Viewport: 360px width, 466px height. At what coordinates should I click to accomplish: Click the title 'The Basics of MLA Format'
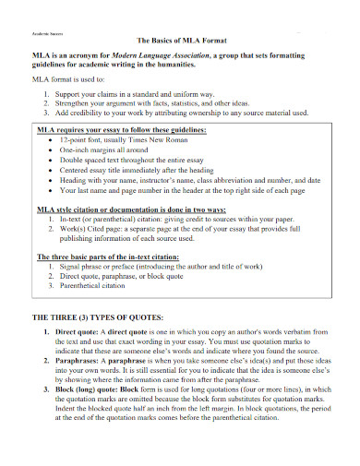tap(188, 42)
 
